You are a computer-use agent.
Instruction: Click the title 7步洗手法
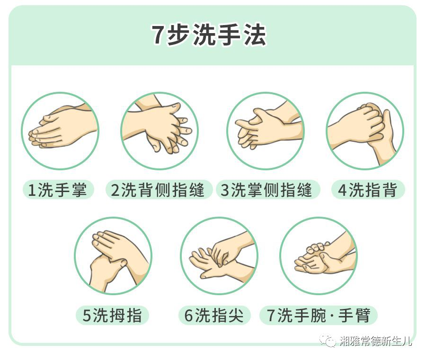click(x=209, y=35)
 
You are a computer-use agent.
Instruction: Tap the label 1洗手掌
click(x=58, y=190)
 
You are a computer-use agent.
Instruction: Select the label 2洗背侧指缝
click(x=158, y=190)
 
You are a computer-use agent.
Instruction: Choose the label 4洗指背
click(x=368, y=190)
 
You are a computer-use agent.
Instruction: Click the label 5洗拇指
click(x=112, y=315)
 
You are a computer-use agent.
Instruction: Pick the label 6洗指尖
click(x=214, y=315)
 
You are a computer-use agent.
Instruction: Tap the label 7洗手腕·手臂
click(x=319, y=315)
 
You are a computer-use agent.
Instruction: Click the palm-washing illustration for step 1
click(x=60, y=131)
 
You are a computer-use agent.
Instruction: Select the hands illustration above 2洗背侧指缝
click(x=160, y=131)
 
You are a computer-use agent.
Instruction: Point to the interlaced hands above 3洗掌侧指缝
click(x=266, y=131)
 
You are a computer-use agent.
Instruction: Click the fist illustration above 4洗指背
click(x=365, y=131)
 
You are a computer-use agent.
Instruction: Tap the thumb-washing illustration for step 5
click(x=113, y=256)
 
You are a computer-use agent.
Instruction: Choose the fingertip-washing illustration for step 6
click(x=219, y=256)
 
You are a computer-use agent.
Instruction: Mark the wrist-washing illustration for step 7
click(x=319, y=256)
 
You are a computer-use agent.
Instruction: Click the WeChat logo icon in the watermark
click(x=328, y=341)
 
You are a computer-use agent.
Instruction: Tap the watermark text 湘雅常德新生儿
click(x=375, y=341)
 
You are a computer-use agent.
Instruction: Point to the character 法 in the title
click(x=255, y=35)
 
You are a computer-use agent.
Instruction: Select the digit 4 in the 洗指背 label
click(x=342, y=190)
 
